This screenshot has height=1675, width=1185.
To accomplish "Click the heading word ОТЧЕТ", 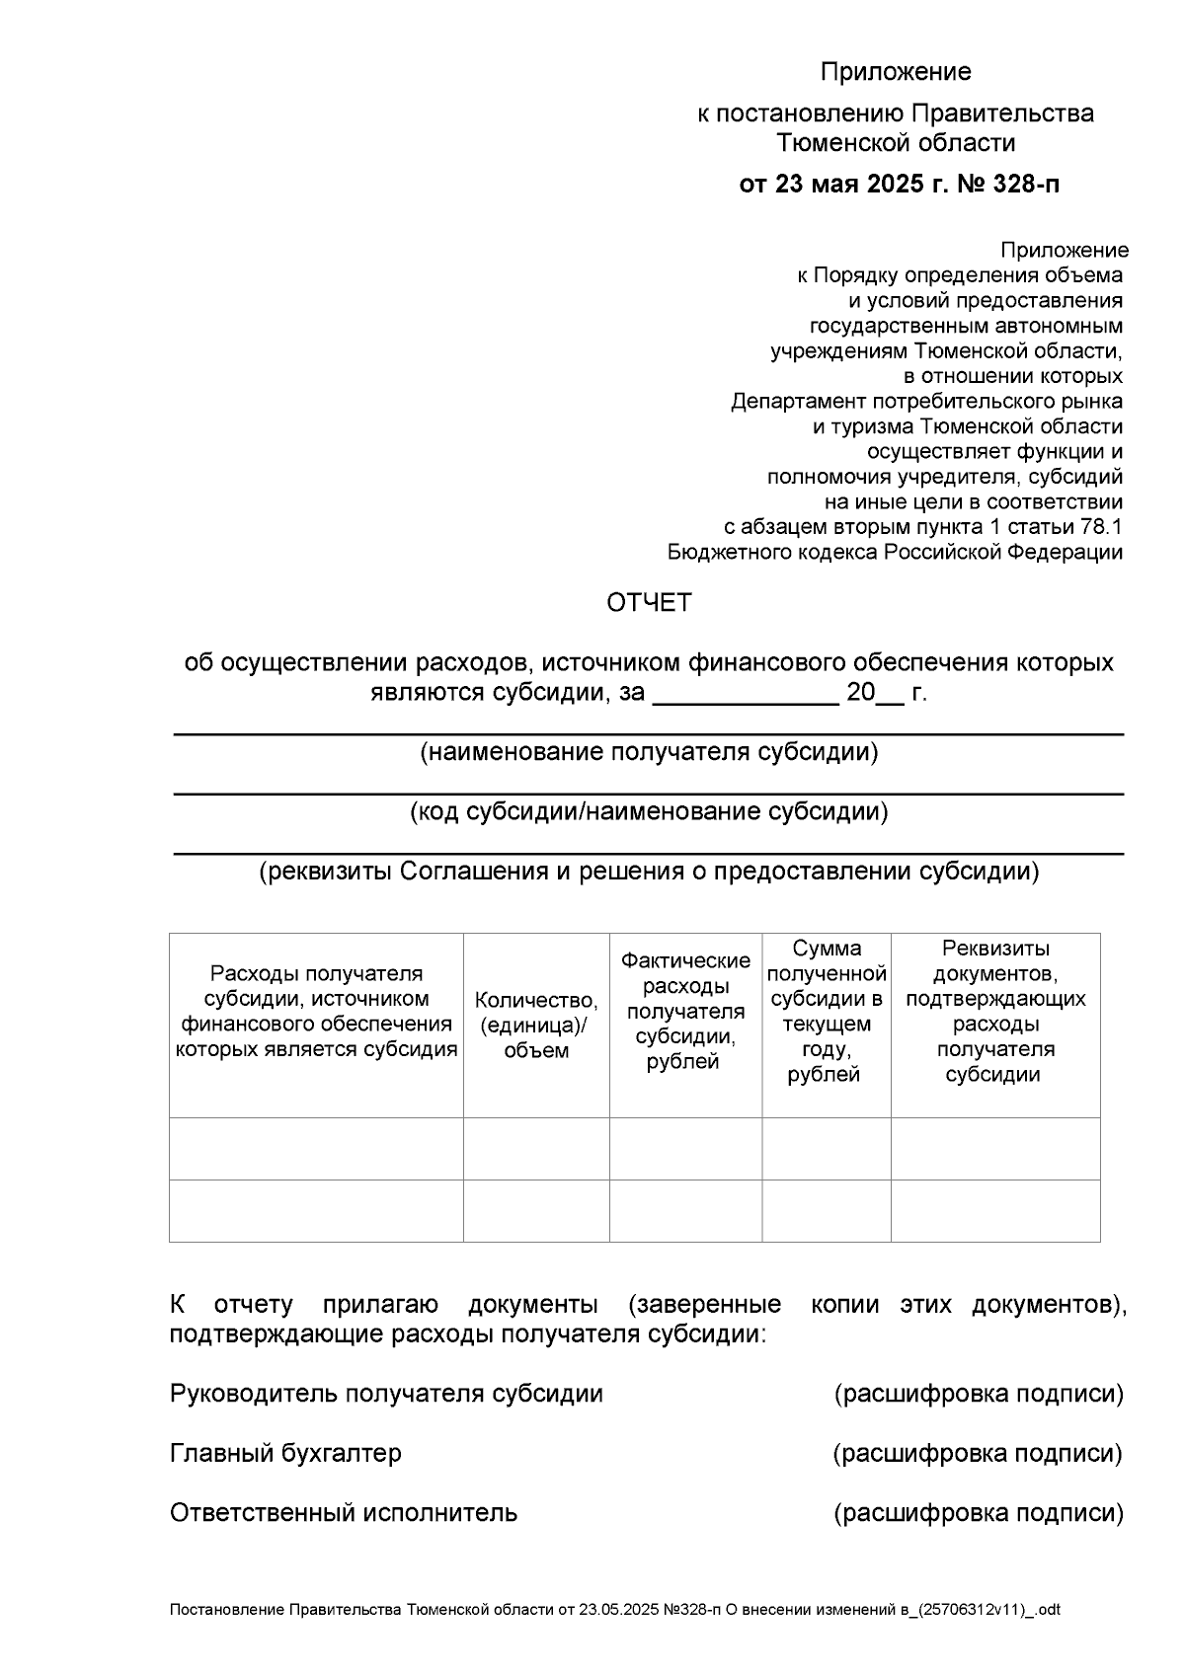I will click(649, 602).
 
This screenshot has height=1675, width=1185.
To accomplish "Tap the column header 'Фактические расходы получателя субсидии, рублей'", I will click(685, 1011).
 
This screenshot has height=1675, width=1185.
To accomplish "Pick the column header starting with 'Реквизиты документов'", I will click(994, 1011).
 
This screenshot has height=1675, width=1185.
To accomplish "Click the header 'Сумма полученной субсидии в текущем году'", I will click(826, 1011).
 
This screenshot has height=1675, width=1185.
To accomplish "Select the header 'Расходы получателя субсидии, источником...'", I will click(316, 1011).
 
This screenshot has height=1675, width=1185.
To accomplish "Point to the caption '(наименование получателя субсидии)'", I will click(649, 753).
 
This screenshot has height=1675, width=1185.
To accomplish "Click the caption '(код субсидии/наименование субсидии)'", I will click(649, 812).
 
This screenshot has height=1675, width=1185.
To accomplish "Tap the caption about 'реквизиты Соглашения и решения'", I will click(649, 872).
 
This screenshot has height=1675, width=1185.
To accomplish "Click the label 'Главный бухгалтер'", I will click(285, 1453).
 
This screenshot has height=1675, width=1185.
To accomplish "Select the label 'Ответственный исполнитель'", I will click(343, 1512).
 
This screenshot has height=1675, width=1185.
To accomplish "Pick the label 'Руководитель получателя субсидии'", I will click(386, 1394).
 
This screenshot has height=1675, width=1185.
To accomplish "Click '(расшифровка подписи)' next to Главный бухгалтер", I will click(978, 1453).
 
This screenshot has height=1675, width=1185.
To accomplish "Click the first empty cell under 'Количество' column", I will click(536, 1148).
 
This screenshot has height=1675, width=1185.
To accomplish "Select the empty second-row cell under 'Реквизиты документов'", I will click(994, 1210).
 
